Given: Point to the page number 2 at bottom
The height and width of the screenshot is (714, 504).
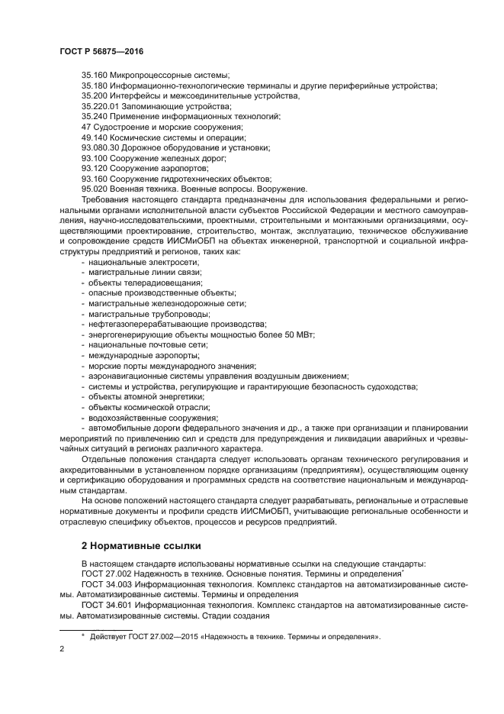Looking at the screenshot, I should click(x=62, y=648).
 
